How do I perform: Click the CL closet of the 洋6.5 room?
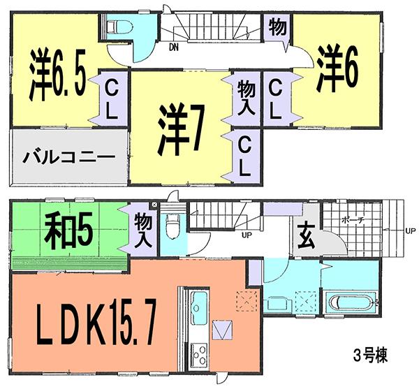pos(111,97)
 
